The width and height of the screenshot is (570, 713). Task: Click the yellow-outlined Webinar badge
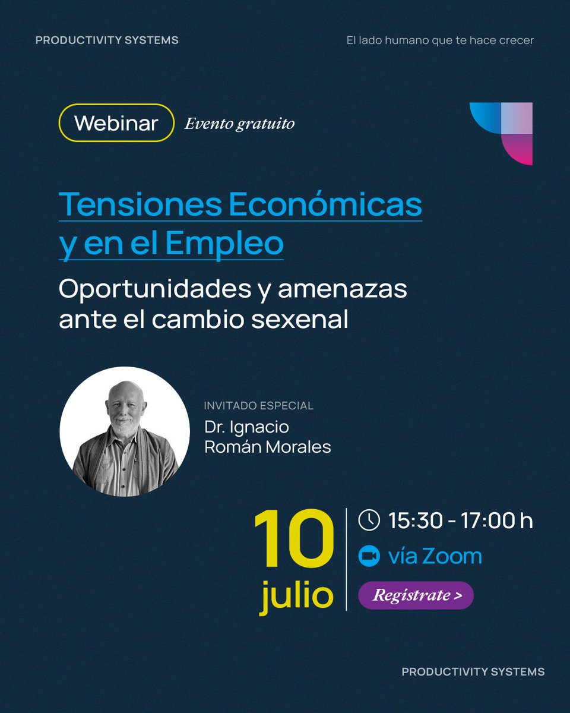click(x=116, y=123)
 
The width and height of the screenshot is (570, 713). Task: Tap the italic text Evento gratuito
click(x=239, y=124)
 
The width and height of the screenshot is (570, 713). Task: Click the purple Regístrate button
click(x=416, y=595)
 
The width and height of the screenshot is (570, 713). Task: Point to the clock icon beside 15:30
click(x=369, y=520)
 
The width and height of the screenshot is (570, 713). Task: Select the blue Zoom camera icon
click(x=369, y=556)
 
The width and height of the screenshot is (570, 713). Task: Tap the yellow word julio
click(x=297, y=595)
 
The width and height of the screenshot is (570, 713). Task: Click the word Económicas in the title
click(x=325, y=205)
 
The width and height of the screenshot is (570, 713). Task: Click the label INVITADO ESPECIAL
click(x=258, y=406)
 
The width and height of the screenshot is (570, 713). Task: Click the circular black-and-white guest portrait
click(x=125, y=431)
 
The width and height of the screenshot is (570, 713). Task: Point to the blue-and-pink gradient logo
click(x=502, y=133)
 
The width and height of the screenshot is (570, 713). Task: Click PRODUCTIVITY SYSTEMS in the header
click(x=107, y=40)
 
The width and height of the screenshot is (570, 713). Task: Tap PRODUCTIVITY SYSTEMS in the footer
click(x=473, y=671)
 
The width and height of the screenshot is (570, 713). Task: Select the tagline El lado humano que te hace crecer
click(x=440, y=40)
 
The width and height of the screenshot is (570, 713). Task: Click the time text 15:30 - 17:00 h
click(x=460, y=520)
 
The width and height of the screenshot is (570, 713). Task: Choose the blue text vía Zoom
click(x=435, y=557)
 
